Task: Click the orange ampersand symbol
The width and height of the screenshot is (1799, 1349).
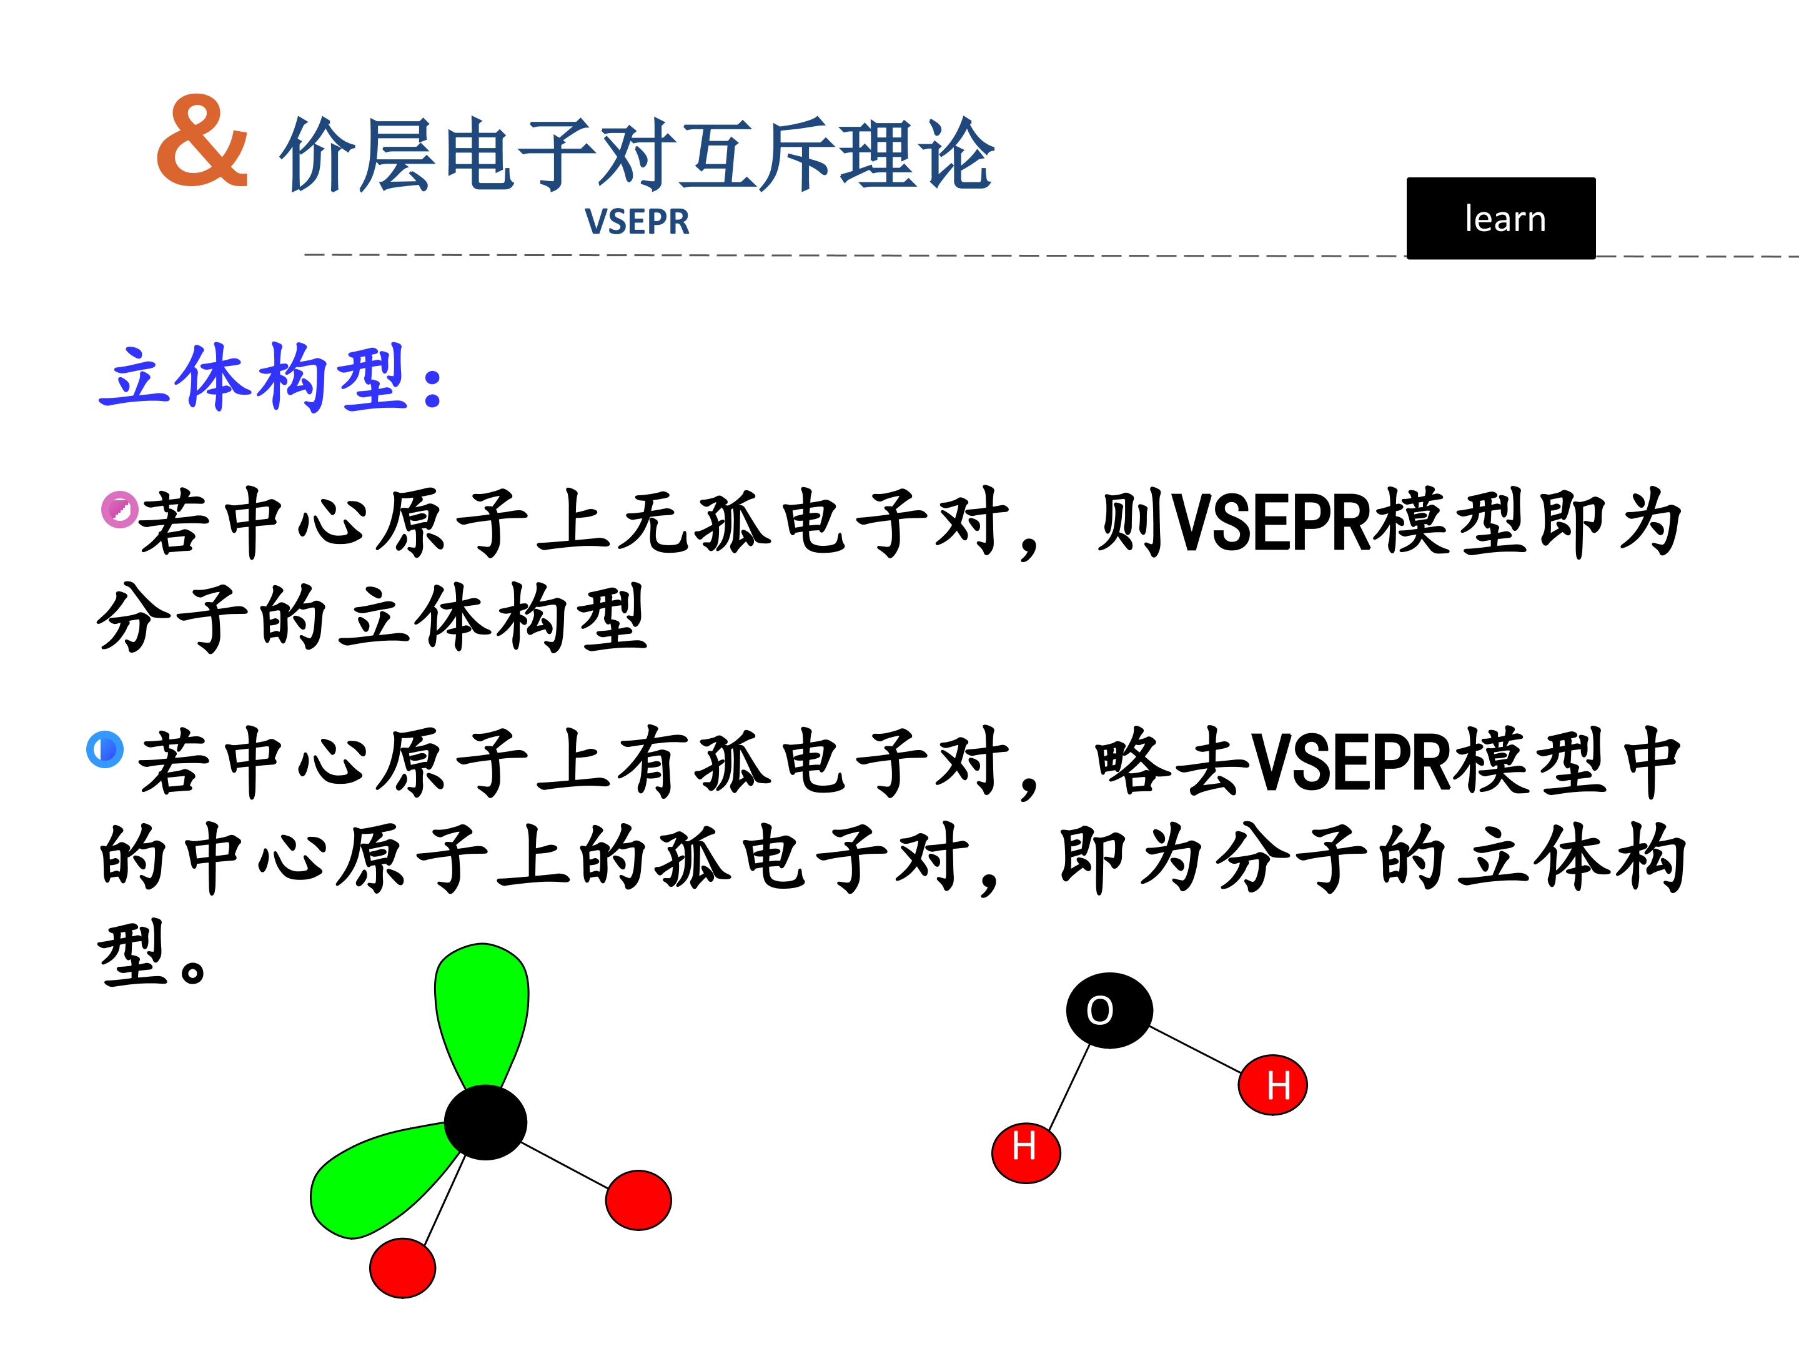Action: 202,140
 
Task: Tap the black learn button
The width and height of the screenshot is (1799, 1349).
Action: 1500,218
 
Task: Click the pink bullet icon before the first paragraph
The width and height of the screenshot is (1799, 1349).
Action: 119,509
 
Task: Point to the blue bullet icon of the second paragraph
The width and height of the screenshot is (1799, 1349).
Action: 105,749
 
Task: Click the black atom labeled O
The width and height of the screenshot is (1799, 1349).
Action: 1109,1010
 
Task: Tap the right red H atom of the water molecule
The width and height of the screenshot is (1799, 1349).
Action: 1273,1085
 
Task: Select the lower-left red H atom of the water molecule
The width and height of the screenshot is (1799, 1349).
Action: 1026,1152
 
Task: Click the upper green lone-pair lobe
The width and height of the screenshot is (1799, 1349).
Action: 482,1012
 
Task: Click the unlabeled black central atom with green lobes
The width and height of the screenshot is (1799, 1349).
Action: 485,1122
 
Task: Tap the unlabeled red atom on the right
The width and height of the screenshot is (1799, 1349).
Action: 638,1200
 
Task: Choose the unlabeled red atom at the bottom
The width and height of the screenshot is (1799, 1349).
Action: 402,1268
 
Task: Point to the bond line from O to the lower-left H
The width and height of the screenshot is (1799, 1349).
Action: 1069,1086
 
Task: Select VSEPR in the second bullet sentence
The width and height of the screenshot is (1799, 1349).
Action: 1349,762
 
